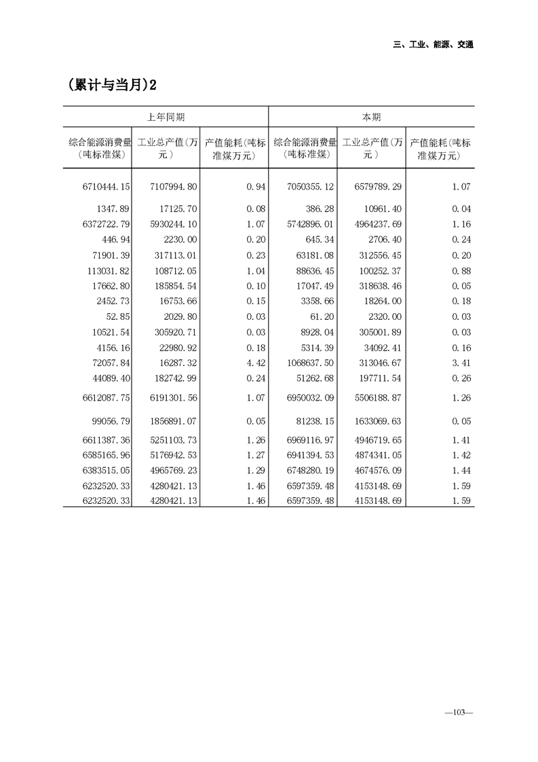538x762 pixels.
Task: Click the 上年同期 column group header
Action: point(166,117)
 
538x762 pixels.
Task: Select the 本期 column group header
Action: point(371,117)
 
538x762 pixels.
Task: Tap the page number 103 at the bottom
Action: point(458,712)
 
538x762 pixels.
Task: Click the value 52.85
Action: point(118,317)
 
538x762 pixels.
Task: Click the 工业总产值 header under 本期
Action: point(371,149)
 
